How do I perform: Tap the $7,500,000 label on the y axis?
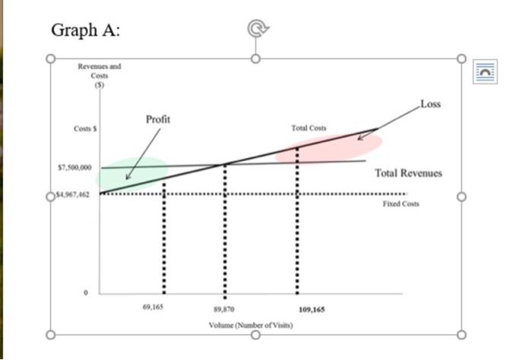74,167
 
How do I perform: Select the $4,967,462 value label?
72,195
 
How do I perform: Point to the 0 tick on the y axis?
86,292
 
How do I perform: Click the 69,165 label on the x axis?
153,308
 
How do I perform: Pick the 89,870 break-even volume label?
223,310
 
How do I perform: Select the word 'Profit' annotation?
158,119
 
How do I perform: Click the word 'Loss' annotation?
430,104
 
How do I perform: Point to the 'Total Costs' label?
309,128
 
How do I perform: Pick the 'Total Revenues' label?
408,173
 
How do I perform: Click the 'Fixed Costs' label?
401,204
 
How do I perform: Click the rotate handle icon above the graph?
256,29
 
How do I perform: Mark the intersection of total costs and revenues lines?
223,164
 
